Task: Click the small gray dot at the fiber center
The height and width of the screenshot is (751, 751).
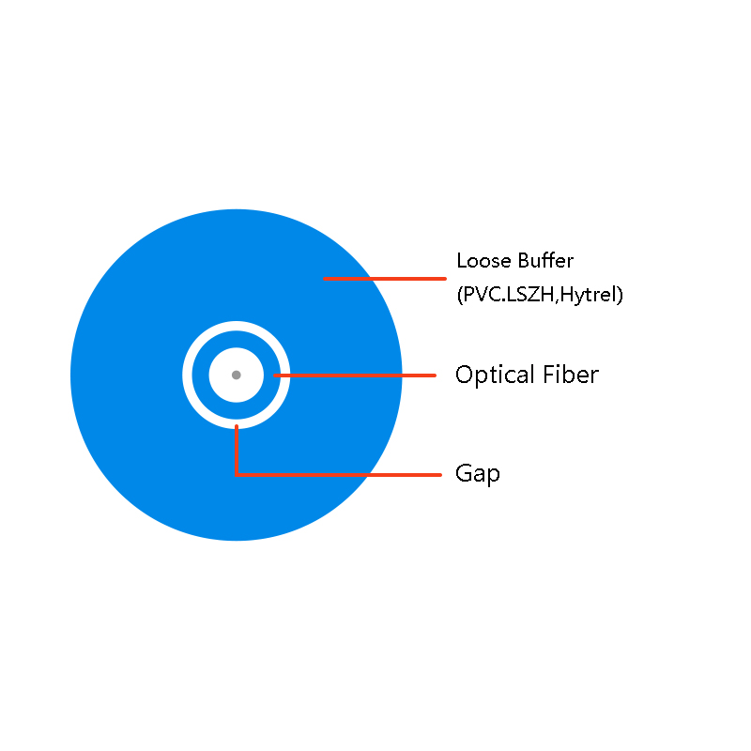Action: pyautogui.click(x=237, y=375)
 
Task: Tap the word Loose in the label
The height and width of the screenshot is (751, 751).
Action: pyautogui.click(x=484, y=261)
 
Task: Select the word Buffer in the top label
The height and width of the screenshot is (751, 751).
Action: pyautogui.click(x=545, y=261)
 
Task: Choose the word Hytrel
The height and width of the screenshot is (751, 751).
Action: pyautogui.click(x=588, y=295)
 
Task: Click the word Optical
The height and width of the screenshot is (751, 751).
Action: pyautogui.click(x=495, y=375)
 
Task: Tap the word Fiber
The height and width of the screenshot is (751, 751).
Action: pyautogui.click(x=571, y=374)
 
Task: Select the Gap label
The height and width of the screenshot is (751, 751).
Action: pyautogui.click(x=478, y=474)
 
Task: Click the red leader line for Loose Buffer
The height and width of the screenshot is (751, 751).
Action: pyautogui.click(x=385, y=278)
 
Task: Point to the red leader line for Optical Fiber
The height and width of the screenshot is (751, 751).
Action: pyautogui.click(x=355, y=375)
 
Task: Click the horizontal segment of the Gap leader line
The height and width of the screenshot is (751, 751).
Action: pyautogui.click(x=338, y=475)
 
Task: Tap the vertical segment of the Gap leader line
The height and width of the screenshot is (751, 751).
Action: pyautogui.click(x=237, y=450)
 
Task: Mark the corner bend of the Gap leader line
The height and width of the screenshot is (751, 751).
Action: pyautogui.click(x=237, y=475)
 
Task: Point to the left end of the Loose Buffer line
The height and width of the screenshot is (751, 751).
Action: pyautogui.click(x=324, y=278)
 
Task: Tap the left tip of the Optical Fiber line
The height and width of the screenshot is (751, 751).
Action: pyautogui.click(x=274, y=375)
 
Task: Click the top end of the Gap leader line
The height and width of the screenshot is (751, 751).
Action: pyautogui.click(x=237, y=425)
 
